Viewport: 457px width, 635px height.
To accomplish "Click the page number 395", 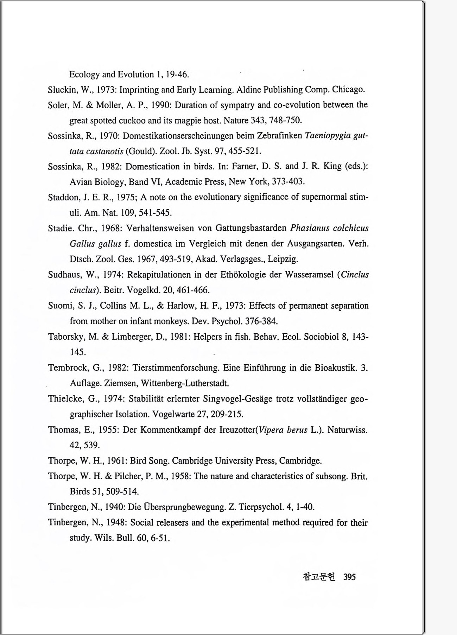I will click(x=349, y=577).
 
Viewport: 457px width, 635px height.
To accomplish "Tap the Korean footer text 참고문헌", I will click(x=319, y=577).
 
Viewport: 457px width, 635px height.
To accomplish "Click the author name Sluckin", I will click(x=63, y=90).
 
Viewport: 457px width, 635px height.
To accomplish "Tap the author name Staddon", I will click(x=64, y=197).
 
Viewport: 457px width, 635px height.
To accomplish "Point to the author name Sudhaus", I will click(x=65, y=275).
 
